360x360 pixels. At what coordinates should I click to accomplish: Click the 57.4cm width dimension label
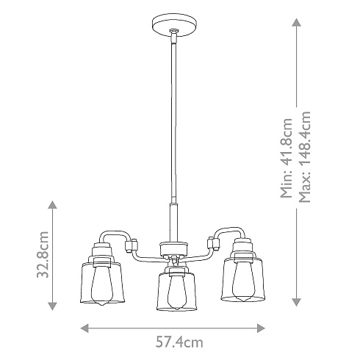click(x=179, y=342)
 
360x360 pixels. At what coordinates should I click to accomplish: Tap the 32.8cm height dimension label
click(x=43, y=254)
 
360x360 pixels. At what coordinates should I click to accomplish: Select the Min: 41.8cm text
click(x=287, y=158)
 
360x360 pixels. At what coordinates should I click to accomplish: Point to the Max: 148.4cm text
click(x=305, y=157)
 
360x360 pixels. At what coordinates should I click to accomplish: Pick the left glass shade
click(x=102, y=283)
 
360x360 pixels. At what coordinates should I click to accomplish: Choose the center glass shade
click(x=176, y=292)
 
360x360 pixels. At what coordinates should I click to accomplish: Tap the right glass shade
click(x=243, y=279)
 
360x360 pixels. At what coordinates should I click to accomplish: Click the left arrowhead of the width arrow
click(x=84, y=328)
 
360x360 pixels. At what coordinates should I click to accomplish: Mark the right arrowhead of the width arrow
click(x=261, y=328)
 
